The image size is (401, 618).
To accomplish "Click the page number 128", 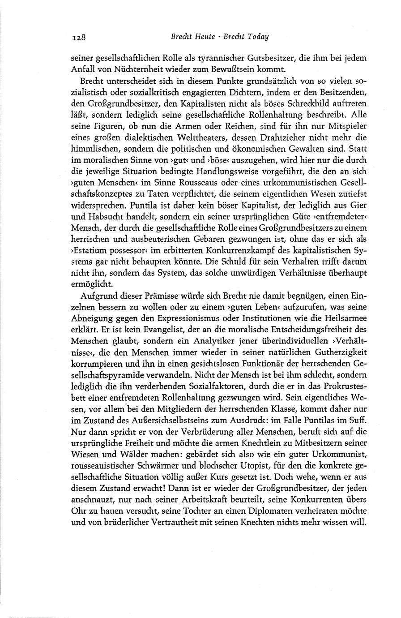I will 79,37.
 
